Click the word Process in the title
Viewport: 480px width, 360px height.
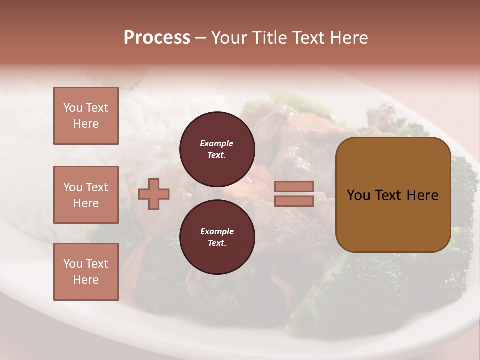point(157,38)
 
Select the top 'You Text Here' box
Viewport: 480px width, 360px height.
point(86,116)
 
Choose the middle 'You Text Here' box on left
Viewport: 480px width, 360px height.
point(86,195)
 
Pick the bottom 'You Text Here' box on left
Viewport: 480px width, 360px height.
point(86,271)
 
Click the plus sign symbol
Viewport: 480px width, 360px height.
point(154,194)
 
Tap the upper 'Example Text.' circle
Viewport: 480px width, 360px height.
point(217,149)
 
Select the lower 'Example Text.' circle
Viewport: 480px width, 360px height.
point(217,237)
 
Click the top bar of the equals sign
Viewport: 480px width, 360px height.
point(294,187)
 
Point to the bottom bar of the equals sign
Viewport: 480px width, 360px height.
point(294,201)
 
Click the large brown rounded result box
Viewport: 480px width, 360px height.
point(393,220)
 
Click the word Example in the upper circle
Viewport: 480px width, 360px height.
point(216,144)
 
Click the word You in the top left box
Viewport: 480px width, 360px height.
point(73,108)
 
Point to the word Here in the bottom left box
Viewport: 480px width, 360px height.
point(86,280)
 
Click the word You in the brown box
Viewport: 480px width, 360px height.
point(358,195)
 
